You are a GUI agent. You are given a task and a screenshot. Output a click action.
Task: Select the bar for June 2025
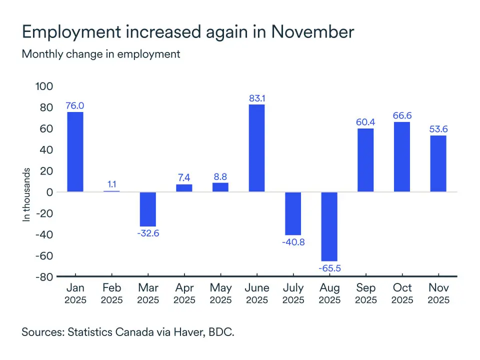(x=257, y=148)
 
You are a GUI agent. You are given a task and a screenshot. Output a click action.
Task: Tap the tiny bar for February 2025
(x=111, y=191)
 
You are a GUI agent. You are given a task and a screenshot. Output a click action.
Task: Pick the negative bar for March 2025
(x=148, y=209)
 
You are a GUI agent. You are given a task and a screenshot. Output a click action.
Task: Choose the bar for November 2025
(x=438, y=163)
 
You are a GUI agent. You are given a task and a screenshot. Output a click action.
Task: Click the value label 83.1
(x=257, y=98)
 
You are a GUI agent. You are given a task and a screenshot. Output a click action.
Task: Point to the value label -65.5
(x=329, y=268)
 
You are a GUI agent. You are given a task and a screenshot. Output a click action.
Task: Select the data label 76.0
(x=75, y=105)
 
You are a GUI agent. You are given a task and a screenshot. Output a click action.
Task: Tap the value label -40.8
(x=293, y=242)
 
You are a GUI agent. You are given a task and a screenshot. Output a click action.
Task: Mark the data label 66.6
(x=402, y=115)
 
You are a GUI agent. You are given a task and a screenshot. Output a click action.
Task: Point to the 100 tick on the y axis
(x=43, y=86)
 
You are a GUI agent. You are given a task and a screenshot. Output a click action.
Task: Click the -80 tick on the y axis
(x=43, y=276)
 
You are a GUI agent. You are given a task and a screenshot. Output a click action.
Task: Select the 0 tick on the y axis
(x=49, y=192)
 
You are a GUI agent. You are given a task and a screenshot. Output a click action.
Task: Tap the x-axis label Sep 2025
(x=366, y=293)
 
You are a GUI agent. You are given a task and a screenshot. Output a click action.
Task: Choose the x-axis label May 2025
(x=220, y=293)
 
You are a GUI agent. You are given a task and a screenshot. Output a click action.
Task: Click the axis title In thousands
(x=27, y=194)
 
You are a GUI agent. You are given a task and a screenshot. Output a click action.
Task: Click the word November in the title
(x=313, y=32)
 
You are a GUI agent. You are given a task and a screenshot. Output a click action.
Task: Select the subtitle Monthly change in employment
(x=101, y=54)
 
